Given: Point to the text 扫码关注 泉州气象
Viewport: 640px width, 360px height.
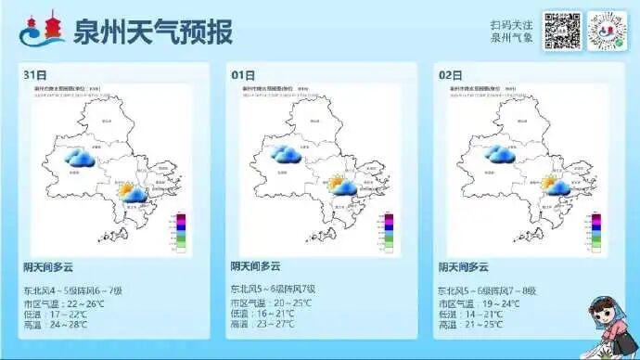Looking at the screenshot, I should point(512,32).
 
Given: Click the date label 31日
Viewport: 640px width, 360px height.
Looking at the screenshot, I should point(35,73).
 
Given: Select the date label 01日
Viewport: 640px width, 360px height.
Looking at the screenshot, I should point(243,73).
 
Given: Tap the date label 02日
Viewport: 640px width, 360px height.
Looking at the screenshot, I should point(450,73).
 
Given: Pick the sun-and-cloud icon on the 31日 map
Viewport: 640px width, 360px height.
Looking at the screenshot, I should point(132,192).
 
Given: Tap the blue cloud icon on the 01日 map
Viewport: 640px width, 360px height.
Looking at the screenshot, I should point(287,154).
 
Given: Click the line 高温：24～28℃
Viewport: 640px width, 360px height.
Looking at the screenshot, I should point(56,325).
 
